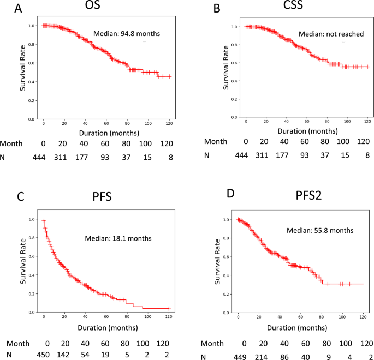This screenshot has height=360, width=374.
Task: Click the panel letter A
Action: click(18, 9)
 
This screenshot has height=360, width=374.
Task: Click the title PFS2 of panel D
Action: click(308, 195)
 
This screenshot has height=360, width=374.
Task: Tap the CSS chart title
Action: click(293, 5)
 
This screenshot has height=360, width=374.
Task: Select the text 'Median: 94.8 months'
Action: click(127, 34)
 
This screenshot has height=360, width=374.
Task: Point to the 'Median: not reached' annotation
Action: click(331, 34)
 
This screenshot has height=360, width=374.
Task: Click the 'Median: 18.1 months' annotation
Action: click(118, 238)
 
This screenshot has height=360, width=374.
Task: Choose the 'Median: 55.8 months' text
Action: click(320, 230)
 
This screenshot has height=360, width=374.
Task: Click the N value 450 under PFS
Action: click(43, 355)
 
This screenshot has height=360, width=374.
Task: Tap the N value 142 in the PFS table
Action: click(63, 355)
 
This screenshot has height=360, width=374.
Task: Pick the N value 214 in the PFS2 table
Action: click(263, 357)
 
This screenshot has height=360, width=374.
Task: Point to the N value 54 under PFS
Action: click(85, 355)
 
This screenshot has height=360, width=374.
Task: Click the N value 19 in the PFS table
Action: click(105, 355)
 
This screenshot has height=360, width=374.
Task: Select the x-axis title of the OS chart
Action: click(109, 133)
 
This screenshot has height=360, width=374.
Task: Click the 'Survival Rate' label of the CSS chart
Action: click(225, 68)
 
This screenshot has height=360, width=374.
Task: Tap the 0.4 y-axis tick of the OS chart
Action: click(32, 82)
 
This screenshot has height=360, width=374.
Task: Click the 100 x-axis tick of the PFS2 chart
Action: click(342, 317)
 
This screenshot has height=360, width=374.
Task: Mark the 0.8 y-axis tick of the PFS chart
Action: click(32, 238)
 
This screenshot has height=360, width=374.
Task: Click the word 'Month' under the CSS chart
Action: click(216, 141)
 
